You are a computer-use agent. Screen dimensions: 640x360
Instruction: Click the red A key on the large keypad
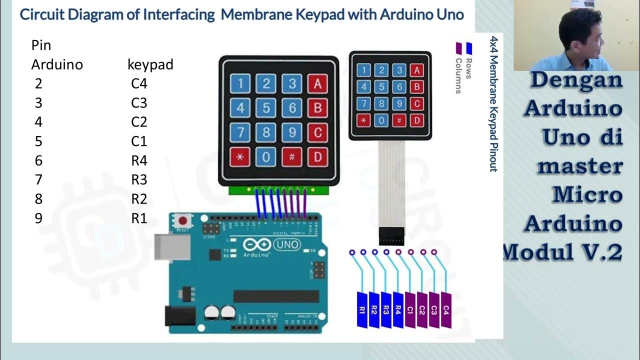tap(317, 84)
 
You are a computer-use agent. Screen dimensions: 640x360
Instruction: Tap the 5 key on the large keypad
tap(266, 108)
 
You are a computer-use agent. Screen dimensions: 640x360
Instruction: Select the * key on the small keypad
tap(363, 120)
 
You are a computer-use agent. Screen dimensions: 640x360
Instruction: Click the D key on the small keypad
tap(416, 120)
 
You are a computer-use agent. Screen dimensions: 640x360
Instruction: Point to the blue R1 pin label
tap(362, 310)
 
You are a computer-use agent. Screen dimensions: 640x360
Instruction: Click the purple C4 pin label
tap(446, 310)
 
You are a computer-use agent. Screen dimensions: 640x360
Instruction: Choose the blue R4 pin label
tap(398, 310)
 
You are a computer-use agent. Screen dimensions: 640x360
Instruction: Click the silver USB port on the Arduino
tap(172, 247)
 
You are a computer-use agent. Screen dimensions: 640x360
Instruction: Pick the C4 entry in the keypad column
tap(139, 83)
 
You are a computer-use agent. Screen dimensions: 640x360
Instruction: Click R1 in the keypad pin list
tap(139, 218)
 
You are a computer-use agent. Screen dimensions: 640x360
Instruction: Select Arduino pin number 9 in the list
tap(38, 218)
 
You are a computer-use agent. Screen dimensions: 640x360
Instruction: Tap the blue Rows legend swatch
tap(469, 48)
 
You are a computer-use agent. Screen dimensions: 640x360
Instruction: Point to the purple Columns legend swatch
tap(458, 48)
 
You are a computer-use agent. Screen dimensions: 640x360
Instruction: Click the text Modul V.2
tap(563, 251)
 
